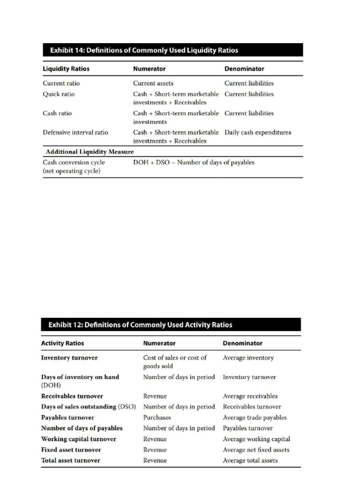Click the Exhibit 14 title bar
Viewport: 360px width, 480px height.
[x=172, y=50]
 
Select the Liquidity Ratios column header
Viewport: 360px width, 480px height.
[x=66, y=69]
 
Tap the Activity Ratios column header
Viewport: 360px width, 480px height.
[x=62, y=343]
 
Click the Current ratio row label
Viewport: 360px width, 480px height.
[x=61, y=83]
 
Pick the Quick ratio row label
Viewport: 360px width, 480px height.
[x=59, y=94]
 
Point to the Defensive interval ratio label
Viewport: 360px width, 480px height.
[x=75, y=133]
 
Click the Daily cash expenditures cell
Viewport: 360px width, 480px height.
[x=257, y=133]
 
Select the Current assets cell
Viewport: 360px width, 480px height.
[x=153, y=83]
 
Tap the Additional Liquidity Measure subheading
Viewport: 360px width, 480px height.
[x=90, y=152]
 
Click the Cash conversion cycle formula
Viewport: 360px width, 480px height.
[x=194, y=163]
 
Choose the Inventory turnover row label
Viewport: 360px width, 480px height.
[x=69, y=358]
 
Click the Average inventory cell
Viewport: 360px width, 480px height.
[x=248, y=358]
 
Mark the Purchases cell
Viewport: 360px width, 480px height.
[x=157, y=418]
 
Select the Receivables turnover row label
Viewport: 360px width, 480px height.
[x=72, y=396]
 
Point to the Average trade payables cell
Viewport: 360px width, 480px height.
[x=255, y=418]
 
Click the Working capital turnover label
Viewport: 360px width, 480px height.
[x=78, y=439]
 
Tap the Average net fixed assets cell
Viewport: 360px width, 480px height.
[x=256, y=450]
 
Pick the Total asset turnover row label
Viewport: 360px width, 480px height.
[x=70, y=461]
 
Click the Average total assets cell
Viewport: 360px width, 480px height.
[x=250, y=461]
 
